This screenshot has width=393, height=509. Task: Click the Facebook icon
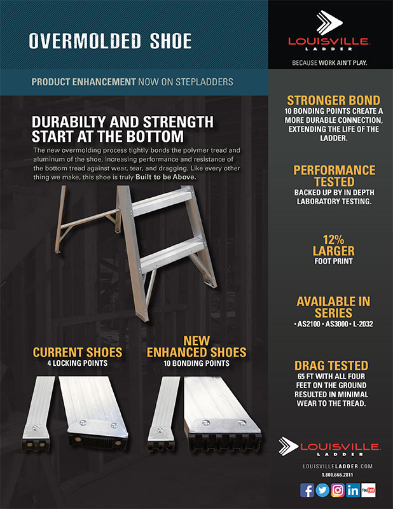[x=307, y=490]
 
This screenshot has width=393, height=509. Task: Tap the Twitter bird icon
[x=322, y=490]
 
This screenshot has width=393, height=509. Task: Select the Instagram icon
[x=338, y=490]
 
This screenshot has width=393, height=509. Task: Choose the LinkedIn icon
[x=353, y=490]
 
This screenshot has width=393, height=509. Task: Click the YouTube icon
[x=368, y=490]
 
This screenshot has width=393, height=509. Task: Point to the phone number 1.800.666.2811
[x=338, y=475]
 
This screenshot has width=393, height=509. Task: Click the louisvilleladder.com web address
[x=338, y=466]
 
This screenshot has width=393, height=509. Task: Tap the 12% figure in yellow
[x=333, y=240]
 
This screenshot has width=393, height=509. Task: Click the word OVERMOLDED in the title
[x=85, y=41]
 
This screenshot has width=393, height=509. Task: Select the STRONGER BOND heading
[x=334, y=100]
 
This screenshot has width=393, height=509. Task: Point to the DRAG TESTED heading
[x=331, y=365]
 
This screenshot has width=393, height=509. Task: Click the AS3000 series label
[x=336, y=324]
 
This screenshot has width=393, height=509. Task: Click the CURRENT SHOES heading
[x=78, y=352]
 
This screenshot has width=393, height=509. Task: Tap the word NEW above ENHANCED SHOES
[x=197, y=340]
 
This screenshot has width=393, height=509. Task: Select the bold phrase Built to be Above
[x=166, y=178]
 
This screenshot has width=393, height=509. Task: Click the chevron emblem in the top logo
[x=329, y=22]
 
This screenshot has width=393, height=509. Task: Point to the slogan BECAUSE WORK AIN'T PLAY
[x=329, y=62]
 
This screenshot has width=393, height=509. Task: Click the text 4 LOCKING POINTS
[x=78, y=363]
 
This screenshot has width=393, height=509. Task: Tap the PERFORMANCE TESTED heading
[x=334, y=176]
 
